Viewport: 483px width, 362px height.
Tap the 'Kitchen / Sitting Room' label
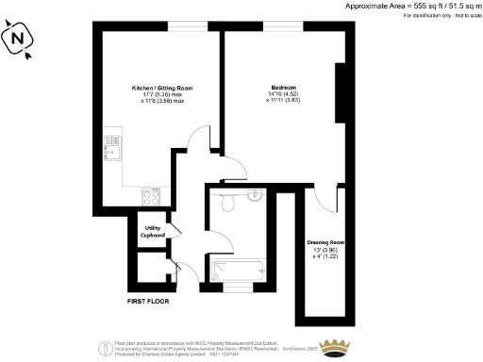(157, 88)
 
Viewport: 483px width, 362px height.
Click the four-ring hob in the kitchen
(151, 197)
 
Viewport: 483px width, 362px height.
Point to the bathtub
(236, 271)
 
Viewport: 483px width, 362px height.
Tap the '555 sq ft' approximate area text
(406, 6)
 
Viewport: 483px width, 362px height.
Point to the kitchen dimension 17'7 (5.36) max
(157, 94)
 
